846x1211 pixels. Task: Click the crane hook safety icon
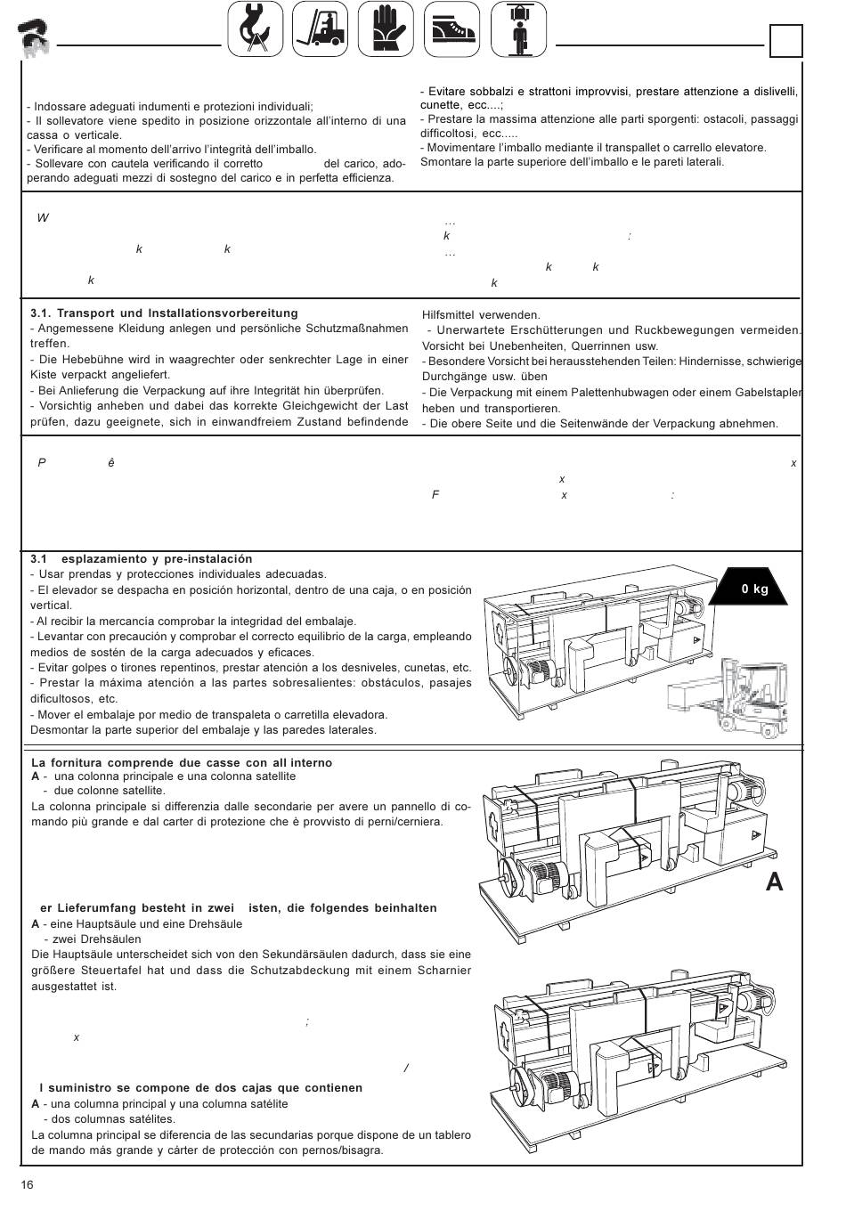coord(256,28)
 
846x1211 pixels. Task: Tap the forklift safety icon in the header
coord(321,28)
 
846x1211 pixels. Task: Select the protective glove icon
coord(386,28)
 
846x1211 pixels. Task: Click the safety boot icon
coord(451,28)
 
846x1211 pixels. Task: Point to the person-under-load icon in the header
coord(517,28)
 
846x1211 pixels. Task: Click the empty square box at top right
coord(785,41)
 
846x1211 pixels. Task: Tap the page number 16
coord(28,1184)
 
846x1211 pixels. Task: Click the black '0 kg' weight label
coord(753,589)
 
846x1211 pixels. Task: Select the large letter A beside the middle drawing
coord(774,882)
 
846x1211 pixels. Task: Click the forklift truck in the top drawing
coord(752,695)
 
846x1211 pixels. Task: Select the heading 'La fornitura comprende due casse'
coord(182,763)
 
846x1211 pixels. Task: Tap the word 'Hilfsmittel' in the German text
coord(451,314)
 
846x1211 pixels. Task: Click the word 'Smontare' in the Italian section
coord(445,162)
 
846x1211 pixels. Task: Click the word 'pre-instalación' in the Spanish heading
coord(208,559)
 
